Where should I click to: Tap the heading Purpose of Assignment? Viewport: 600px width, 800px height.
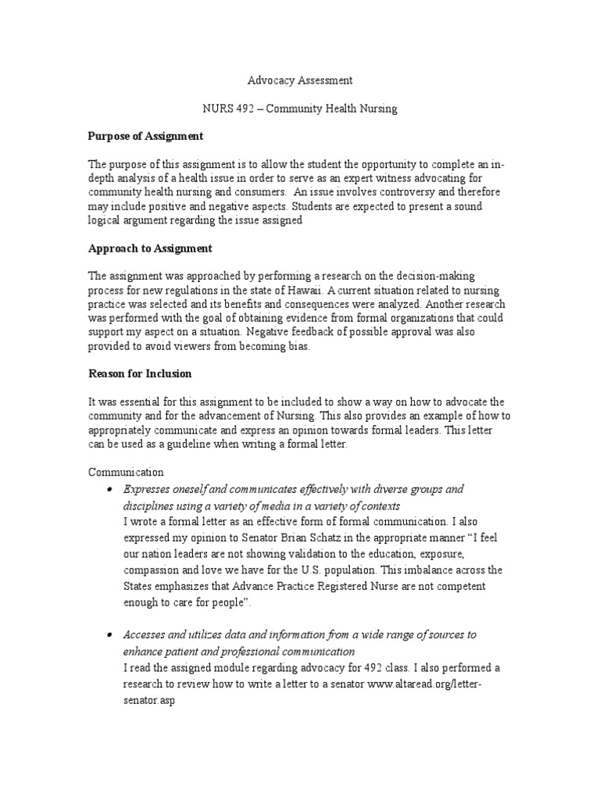[145, 136]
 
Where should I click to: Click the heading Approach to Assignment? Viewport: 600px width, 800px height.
[150, 248]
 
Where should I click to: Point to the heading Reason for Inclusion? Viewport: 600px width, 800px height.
[139, 373]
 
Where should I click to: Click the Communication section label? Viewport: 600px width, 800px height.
[126, 472]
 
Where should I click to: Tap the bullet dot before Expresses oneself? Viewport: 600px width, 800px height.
[108, 489]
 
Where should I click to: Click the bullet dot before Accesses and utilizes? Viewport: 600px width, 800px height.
[108, 635]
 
